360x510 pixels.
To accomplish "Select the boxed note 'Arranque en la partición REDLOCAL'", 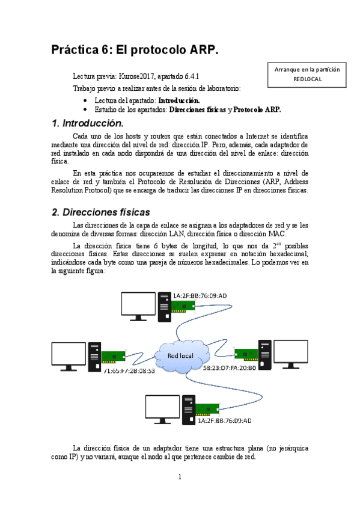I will [x=307, y=74].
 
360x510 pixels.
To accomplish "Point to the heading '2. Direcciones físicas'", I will [x=101, y=212].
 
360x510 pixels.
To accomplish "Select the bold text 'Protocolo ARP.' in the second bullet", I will [x=257, y=110].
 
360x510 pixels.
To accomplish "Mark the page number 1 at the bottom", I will [x=180, y=478].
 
